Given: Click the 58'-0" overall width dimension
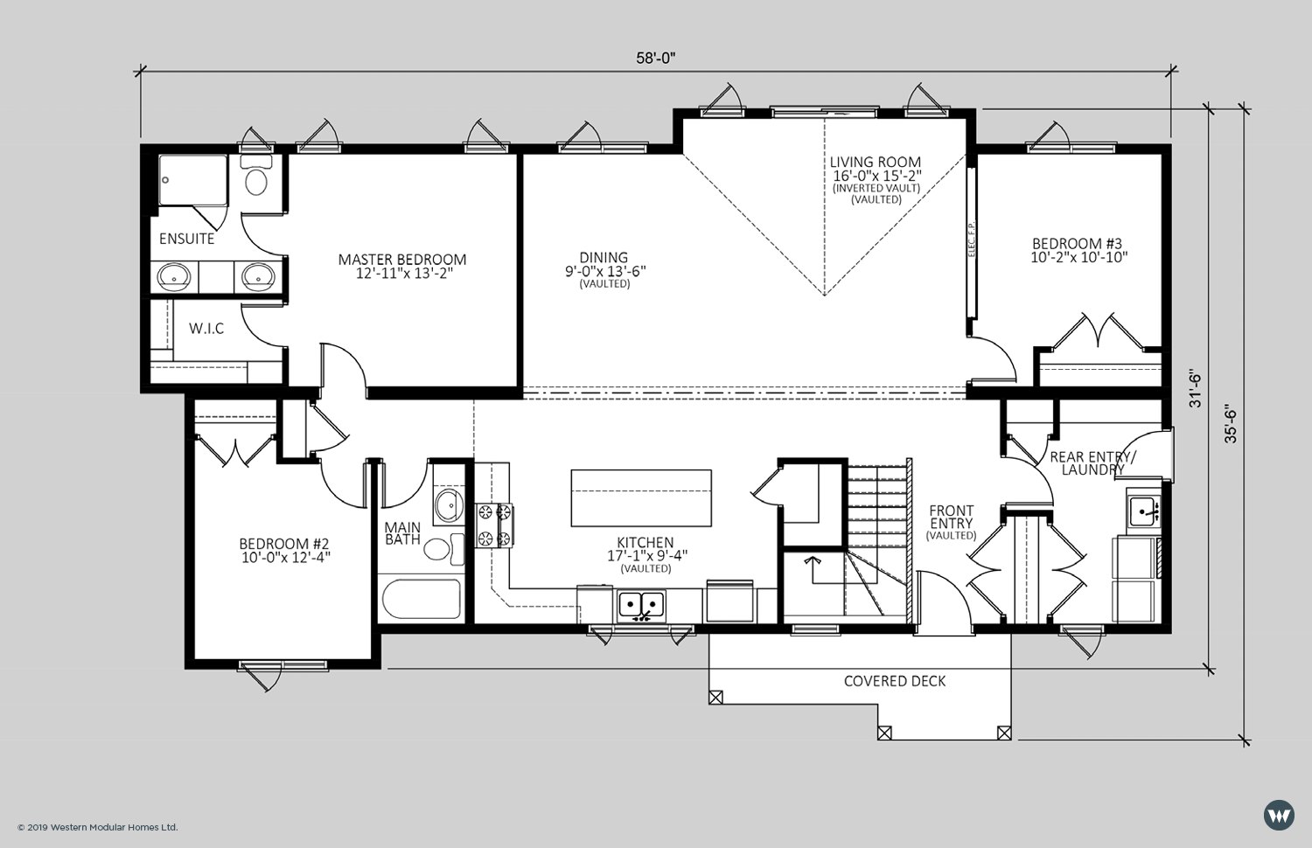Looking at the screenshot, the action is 656,58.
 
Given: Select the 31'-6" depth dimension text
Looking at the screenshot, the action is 1195,388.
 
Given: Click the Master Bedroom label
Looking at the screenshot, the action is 402,260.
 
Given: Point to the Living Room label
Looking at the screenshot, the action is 875,162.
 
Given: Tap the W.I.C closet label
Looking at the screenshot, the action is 206,329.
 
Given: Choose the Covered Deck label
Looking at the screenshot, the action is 895,681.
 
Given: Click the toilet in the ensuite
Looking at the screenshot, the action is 256,175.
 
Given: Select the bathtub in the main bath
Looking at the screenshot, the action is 422,599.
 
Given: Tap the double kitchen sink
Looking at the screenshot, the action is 641,604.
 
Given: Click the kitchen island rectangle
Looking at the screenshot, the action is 641,498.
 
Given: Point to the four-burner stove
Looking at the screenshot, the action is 494,525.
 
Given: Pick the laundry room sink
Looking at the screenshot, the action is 1142,511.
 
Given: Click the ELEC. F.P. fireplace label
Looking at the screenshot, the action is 971,239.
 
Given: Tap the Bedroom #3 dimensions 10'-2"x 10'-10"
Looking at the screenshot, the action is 1078,257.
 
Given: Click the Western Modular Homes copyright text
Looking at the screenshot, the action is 97,828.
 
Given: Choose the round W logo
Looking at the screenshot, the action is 1279,816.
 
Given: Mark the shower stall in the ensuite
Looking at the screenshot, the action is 192,180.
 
